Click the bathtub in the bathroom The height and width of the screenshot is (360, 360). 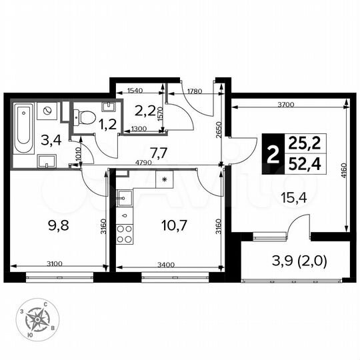pyautogui.click(x=23, y=127)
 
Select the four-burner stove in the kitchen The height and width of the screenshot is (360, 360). pyautogui.click(x=125, y=234)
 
